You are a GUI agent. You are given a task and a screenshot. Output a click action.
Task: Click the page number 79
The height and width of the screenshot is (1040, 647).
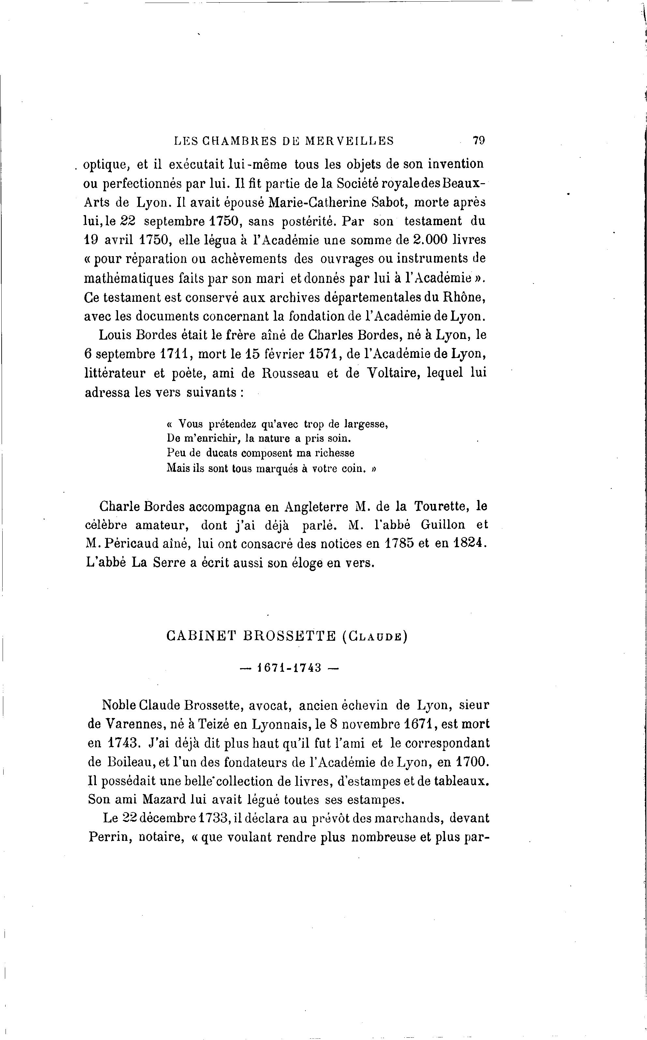click(478, 141)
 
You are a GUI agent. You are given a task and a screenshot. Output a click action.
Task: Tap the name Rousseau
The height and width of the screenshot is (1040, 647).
click(290, 374)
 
